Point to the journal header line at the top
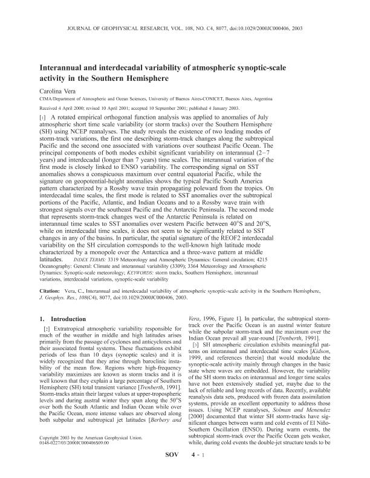tap(184, 27)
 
